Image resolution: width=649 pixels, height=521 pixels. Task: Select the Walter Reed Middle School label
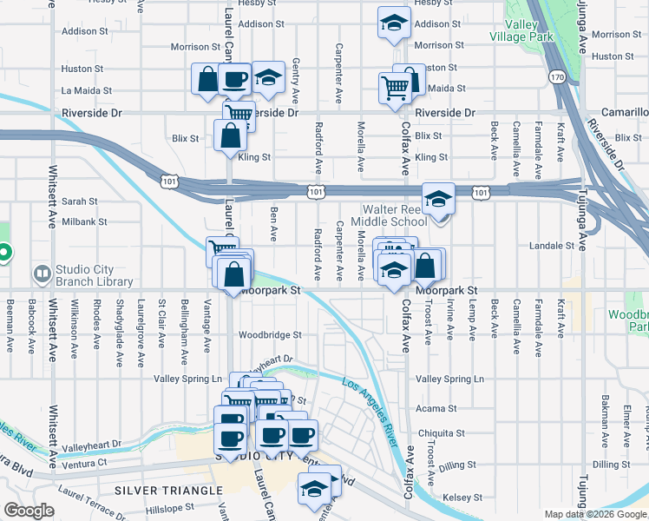[395, 215]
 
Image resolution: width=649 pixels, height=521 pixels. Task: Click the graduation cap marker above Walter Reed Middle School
[439, 199]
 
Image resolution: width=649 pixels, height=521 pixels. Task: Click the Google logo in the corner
[29, 511]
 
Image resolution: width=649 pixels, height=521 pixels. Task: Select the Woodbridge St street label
[270, 334]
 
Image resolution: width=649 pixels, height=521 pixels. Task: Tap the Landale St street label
[558, 246]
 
